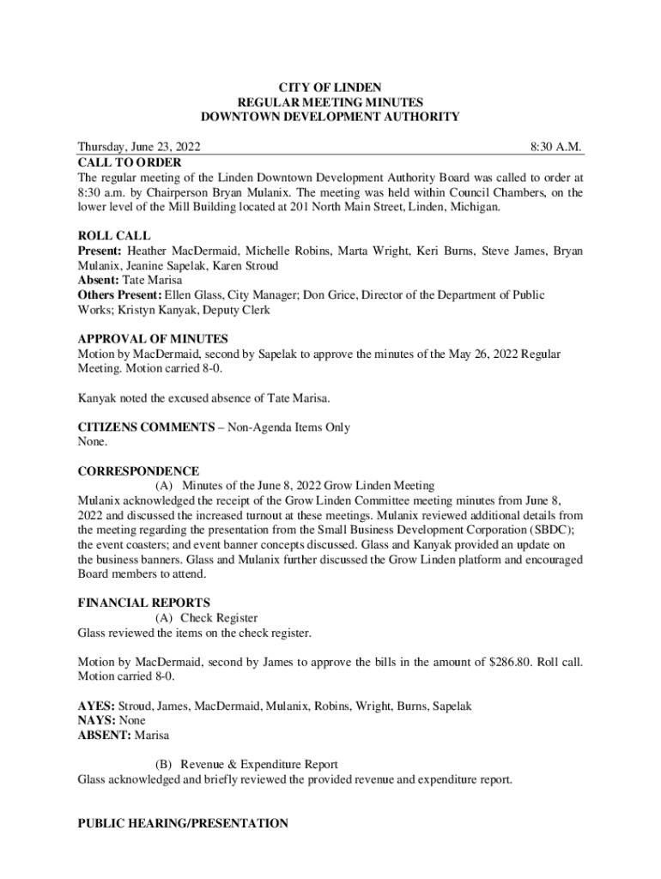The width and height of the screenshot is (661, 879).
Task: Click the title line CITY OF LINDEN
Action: coord(330,88)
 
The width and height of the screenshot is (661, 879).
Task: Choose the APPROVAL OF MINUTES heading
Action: coord(152,339)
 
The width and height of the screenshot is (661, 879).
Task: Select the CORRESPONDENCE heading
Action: coord(138,471)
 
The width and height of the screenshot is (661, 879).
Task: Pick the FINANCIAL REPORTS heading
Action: coord(143,603)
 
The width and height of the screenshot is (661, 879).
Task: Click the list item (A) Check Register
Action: coord(206,618)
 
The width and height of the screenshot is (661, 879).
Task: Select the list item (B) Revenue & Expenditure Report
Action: coord(246,765)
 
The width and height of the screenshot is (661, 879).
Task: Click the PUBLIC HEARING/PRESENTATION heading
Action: coord(183,823)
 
